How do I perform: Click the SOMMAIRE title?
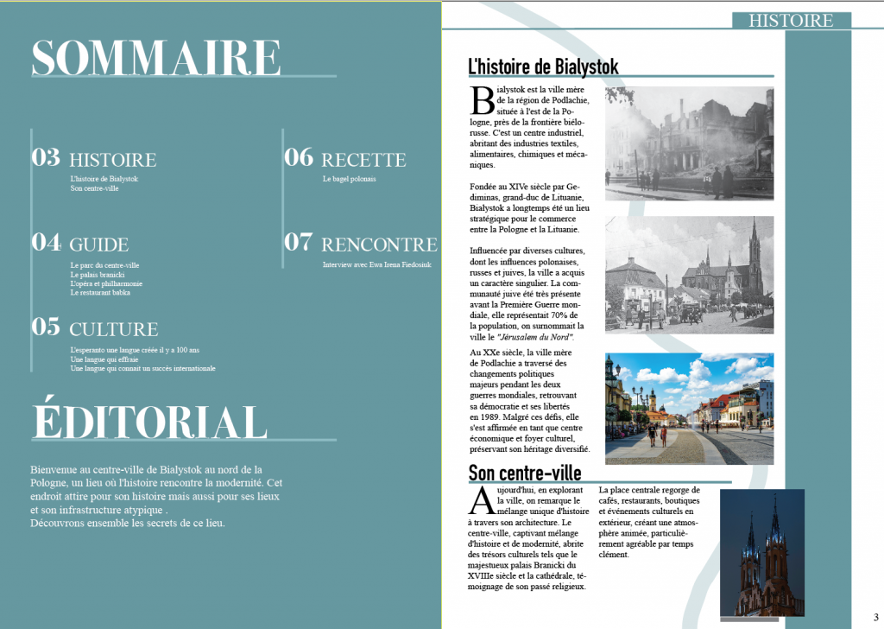(x=155, y=58)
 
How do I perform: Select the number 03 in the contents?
(x=46, y=157)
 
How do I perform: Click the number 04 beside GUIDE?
(x=46, y=242)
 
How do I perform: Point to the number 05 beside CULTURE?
(x=46, y=327)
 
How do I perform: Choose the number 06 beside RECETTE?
(x=299, y=157)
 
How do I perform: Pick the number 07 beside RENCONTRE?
(x=299, y=242)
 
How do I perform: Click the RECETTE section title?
(x=363, y=160)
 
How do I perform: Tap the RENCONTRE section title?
(x=379, y=245)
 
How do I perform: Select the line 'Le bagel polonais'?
(x=349, y=179)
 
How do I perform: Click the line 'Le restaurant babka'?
(x=99, y=293)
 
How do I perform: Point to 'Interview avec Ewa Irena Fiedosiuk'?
(x=376, y=264)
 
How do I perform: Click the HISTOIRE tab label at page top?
(x=791, y=21)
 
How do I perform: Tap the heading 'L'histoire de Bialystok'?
(x=543, y=67)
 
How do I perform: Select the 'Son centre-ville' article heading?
(x=524, y=473)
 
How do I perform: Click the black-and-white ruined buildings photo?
(x=689, y=143)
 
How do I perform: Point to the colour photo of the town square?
(x=689, y=409)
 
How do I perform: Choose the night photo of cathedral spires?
(x=762, y=553)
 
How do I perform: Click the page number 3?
(x=875, y=616)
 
